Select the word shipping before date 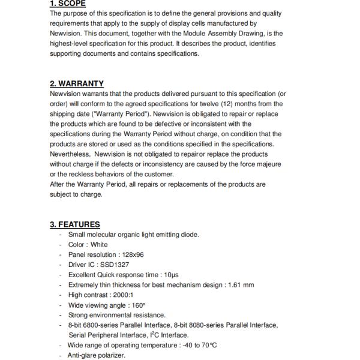(x=63, y=114)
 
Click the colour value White (x=99, y=245)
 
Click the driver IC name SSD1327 (x=114, y=265)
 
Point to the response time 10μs (x=170, y=275)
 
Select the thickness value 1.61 (x=237, y=285)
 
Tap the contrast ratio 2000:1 (x=122, y=295)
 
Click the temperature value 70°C (x=207, y=346)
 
